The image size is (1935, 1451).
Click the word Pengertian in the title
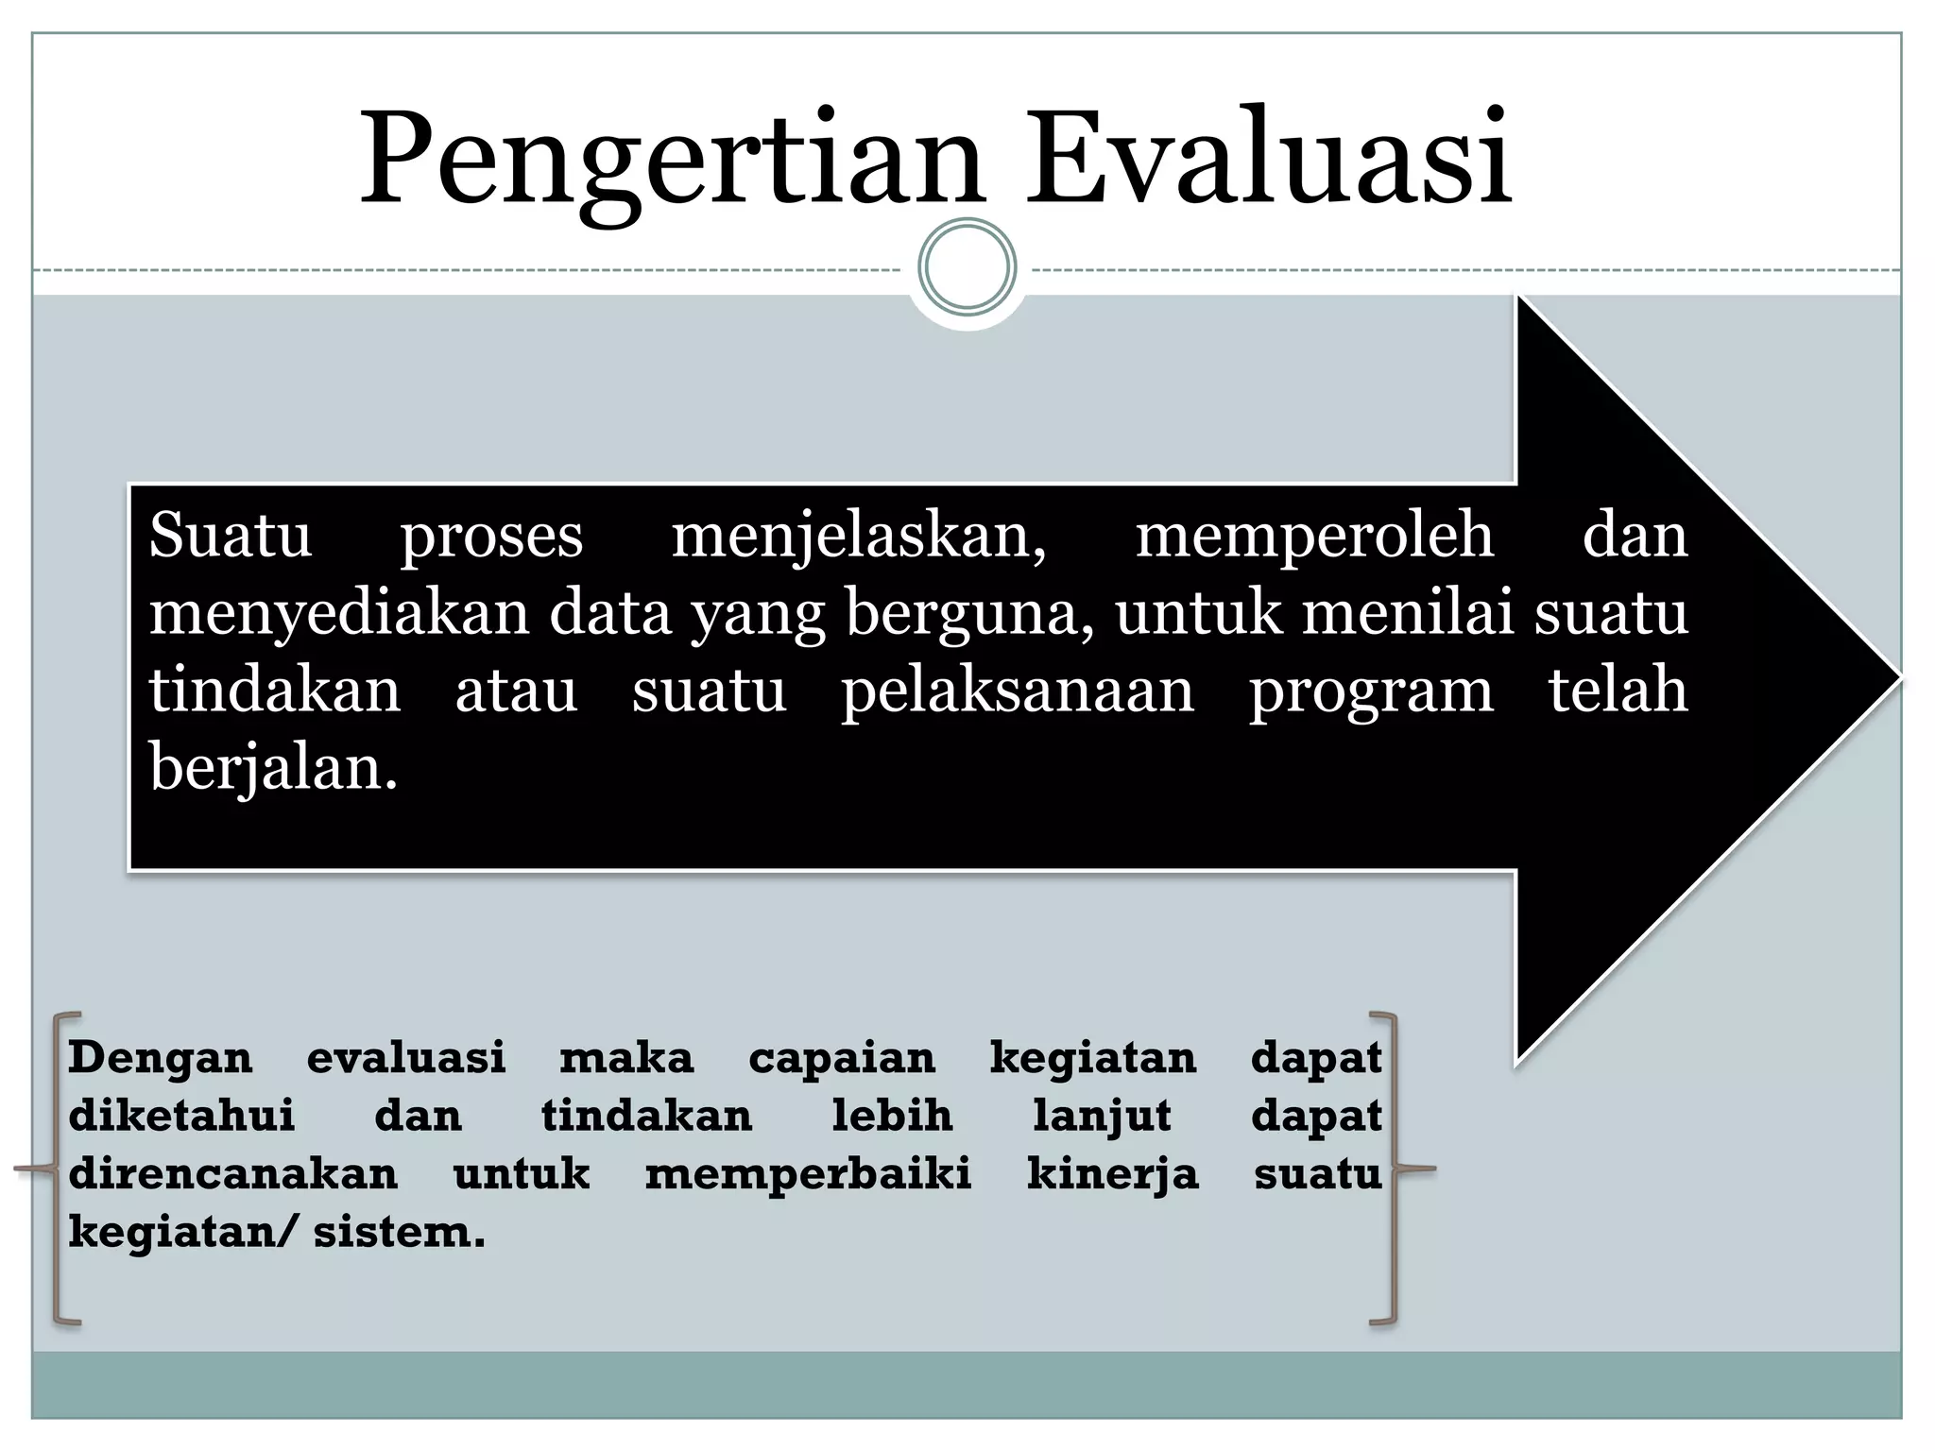click(x=672, y=161)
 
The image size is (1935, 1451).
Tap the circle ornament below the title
click(x=967, y=266)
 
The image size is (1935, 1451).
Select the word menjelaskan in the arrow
click(x=858, y=537)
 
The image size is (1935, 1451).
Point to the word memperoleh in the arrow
click(x=1314, y=535)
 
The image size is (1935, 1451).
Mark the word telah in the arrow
click(x=1618, y=690)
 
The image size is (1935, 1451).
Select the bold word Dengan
click(x=161, y=1058)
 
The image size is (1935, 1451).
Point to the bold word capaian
click(x=842, y=1059)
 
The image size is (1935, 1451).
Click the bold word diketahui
click(x=181, y=1116)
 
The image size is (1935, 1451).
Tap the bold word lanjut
click(x=1102, y=1117)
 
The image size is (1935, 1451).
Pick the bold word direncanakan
click(x=233, y=1174)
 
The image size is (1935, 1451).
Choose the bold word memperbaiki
click(x=808, y=1174)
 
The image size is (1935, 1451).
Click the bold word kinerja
click(x=1112, y=1175)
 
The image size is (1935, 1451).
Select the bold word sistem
click(x=399, y=1233)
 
